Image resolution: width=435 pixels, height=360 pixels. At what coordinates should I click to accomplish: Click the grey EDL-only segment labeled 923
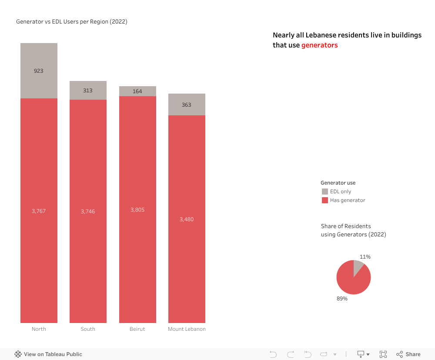click(39, 71)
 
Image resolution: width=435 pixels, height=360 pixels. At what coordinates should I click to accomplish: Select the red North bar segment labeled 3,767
click(39, 211)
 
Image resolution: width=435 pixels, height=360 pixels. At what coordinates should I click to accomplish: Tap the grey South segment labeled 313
click(88, 90)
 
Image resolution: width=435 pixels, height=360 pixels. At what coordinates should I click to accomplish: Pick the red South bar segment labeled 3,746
click(88, 211)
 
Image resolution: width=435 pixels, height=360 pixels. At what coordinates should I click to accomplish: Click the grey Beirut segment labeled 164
click(137, 91)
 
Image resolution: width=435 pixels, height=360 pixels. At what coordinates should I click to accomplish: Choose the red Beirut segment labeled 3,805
click(137, 209)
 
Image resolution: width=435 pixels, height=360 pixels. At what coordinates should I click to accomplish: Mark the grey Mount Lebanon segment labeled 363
click(187, 104)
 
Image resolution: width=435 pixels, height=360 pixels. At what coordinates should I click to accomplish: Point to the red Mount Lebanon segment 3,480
click(187, 219)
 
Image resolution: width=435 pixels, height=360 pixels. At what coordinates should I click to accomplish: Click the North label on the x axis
click(39, 329)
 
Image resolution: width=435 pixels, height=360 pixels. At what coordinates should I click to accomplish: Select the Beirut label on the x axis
click(137, 329)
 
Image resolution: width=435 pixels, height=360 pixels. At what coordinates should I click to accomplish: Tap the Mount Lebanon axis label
click(187, 329)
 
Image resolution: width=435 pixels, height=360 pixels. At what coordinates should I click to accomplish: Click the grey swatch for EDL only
click(325, 192)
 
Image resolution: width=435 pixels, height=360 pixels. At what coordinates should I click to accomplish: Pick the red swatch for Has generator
click(325, 200)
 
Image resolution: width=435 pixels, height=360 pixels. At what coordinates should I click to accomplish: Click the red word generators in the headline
click(319, 45)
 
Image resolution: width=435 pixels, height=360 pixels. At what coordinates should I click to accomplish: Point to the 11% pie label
click(365, 257)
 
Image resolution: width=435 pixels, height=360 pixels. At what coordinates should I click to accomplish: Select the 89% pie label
click(342, 299)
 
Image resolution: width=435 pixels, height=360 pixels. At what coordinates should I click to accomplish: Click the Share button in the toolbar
click(408, 354)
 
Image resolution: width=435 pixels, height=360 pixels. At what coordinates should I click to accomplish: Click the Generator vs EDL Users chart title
click(72, 21)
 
